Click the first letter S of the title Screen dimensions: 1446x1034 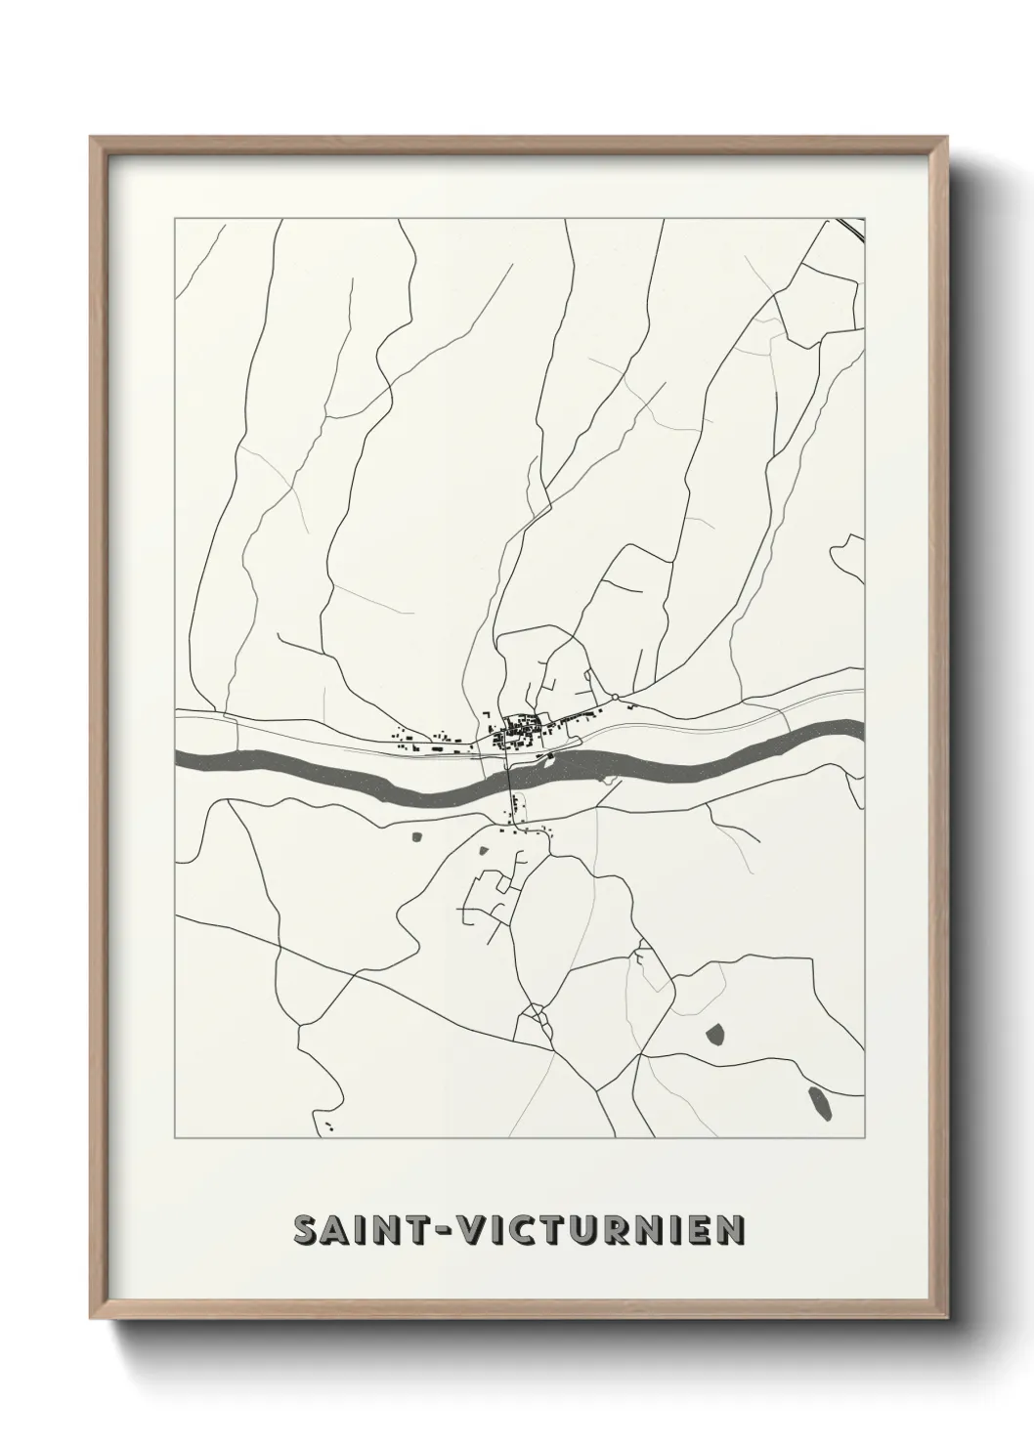click(306, 1230)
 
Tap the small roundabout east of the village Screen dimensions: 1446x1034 click(616, 697)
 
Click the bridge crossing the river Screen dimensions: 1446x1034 click(510, 777)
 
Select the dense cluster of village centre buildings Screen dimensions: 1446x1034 click(516, 732)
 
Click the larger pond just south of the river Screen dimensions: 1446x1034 click(417, 836)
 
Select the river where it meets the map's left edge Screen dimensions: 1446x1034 click(182, 757)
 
